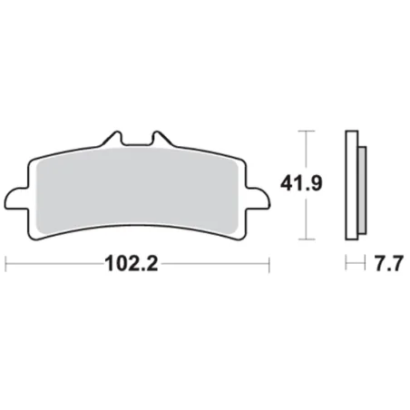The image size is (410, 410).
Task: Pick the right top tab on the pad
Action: [x=164, y=142]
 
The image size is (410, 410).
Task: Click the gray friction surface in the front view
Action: [x=139, y=195]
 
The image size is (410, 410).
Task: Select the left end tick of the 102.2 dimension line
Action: [x=7, y=266]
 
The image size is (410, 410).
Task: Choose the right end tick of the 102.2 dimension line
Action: [x=270, y=266]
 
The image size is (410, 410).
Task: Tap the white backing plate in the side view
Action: [x=349, y=186]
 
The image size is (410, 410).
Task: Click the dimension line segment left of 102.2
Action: [x=54, y=266]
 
